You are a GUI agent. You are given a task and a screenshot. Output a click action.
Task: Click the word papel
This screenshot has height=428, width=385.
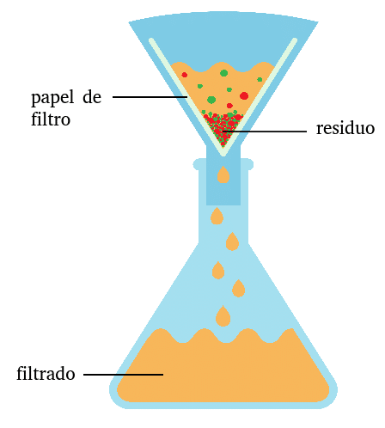pos(52,98)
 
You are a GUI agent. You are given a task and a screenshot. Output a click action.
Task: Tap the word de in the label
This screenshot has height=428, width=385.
pos(92,97)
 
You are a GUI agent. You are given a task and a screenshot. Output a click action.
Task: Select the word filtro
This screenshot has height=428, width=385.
pos(51,119)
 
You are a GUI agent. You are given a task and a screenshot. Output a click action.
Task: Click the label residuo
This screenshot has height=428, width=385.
pos(345,128)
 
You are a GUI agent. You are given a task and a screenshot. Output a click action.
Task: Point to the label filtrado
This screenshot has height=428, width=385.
pos(46,373)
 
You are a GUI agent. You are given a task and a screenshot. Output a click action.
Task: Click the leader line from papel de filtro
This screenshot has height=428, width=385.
pos(150,97)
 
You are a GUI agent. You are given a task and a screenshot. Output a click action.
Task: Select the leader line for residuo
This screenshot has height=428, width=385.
pos(265,131)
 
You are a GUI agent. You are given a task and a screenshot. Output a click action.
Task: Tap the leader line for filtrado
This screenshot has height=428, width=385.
pos(123,374)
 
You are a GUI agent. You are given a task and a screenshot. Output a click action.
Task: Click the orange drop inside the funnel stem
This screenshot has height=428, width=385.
pos(223,174)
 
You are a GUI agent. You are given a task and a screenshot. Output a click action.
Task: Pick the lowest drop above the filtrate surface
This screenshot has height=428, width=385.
pos(223,316)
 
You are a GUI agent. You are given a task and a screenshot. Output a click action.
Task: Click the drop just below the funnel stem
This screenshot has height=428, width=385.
pos(217,217)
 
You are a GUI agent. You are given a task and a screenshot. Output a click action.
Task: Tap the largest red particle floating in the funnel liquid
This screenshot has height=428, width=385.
pos(244,95)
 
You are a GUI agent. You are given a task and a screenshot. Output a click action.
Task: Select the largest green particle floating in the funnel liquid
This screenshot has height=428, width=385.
pos(211,100)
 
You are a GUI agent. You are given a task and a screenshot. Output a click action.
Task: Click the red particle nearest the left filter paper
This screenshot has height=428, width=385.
pos(185,75)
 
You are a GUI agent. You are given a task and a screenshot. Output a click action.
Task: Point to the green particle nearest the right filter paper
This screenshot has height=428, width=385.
pos(260,79)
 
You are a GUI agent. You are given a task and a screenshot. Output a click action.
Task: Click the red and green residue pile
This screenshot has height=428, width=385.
pos(223,127)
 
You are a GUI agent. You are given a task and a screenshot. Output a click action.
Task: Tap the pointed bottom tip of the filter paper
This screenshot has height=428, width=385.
pos(223,156)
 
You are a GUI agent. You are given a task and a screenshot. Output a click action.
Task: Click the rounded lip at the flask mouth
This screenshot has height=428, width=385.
pos(223,164)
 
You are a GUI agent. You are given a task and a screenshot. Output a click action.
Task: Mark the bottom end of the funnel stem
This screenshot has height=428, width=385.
pos(223,205)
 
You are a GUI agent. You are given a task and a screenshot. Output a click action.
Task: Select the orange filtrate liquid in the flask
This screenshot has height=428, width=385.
pos(223,370)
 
